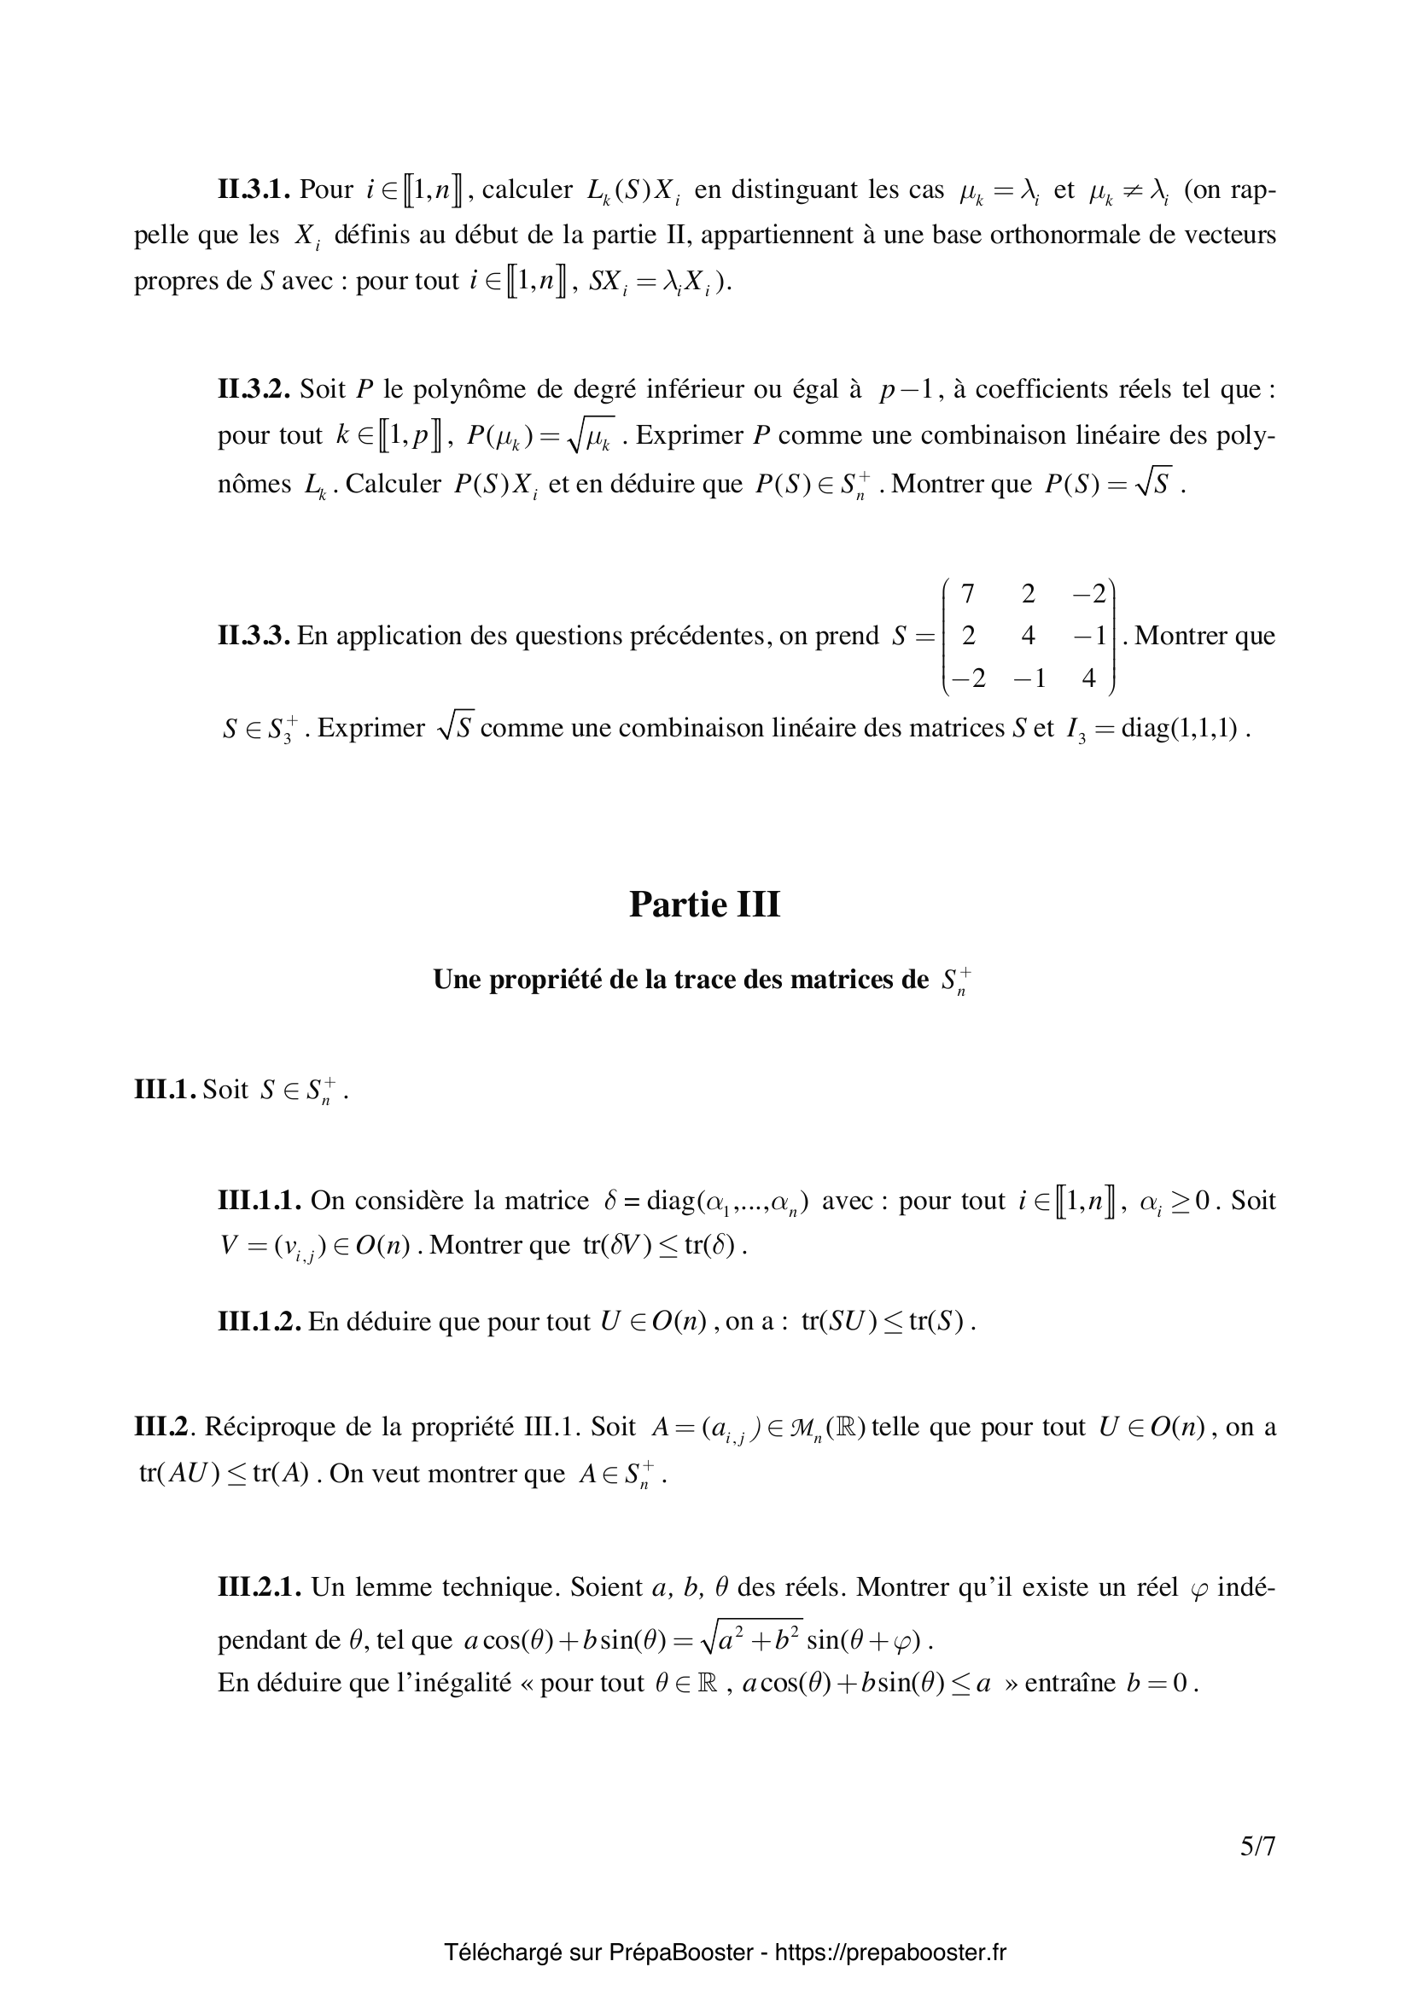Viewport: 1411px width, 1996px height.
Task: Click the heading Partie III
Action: click(704, 905)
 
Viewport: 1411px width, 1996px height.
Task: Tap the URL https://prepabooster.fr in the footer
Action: click(889, 1952)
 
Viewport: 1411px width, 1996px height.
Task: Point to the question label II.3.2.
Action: click(254, 389)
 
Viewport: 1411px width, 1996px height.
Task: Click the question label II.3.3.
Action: click(253, 637)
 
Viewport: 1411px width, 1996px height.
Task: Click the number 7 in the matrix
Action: click(968, 595)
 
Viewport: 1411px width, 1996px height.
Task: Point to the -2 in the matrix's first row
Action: click(1088, 595)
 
